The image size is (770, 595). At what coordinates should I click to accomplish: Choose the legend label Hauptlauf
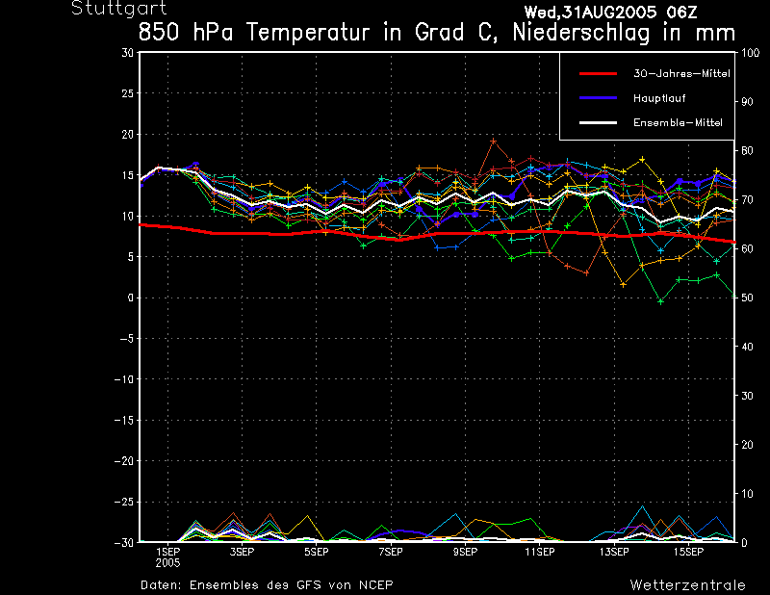pos(659,98)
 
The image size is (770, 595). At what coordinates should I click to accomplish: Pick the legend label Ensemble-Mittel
pos(677,123)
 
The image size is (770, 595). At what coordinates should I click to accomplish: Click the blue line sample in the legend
pos(597,98)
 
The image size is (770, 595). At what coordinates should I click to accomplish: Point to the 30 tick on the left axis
pos(128,53)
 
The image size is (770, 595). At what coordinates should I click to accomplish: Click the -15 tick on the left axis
pos(124,420)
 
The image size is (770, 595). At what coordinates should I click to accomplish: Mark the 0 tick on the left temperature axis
pos(130,297)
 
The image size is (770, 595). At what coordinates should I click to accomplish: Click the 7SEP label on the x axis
pos(389,553)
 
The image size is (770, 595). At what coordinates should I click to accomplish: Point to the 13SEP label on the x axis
pos(613,553)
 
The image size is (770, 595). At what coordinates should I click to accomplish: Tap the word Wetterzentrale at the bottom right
pos(687,585)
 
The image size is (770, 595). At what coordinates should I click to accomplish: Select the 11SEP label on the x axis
pos(539,553)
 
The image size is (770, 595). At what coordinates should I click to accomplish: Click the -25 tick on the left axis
pos(124,502)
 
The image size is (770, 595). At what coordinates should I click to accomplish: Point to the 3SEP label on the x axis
pos(241,553)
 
